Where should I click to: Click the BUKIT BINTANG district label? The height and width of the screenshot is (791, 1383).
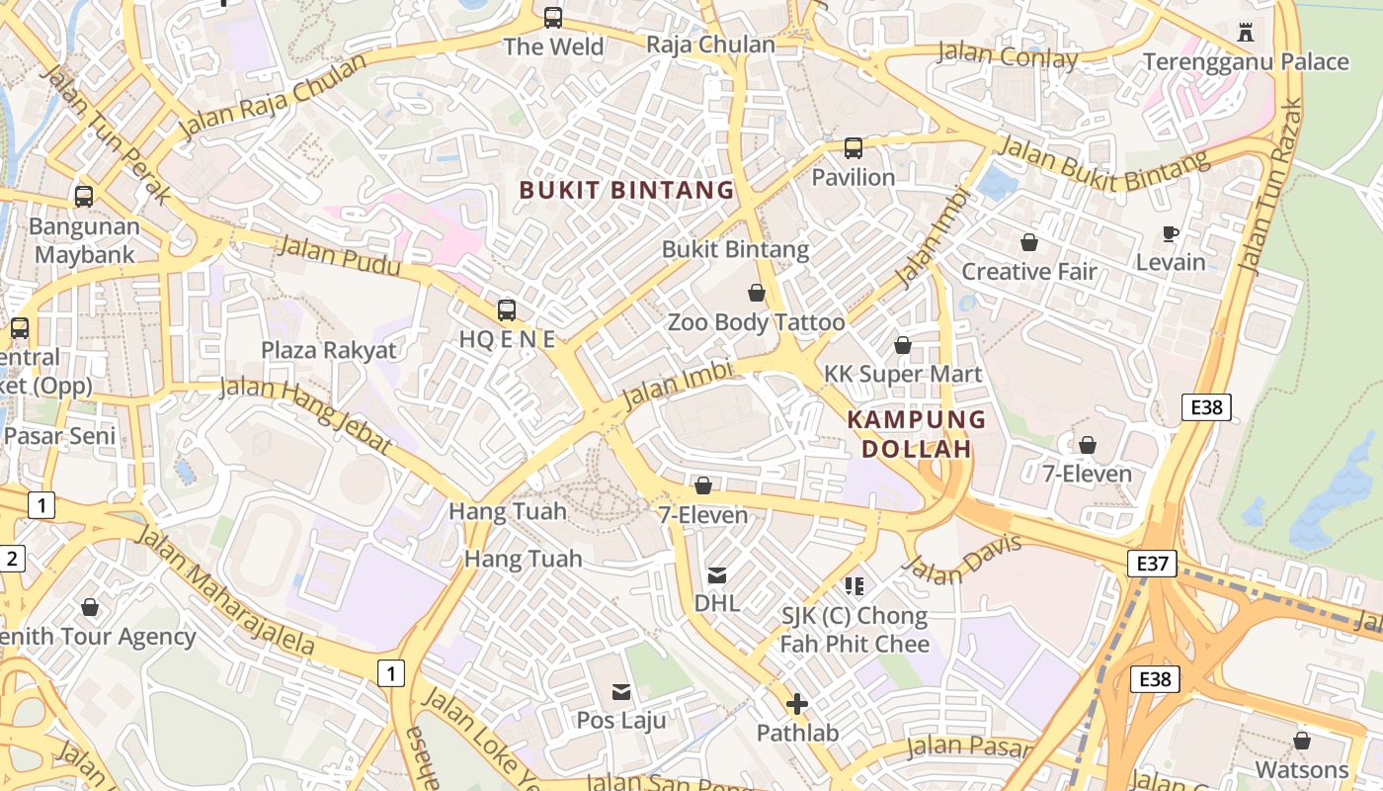click(x=626, y=190)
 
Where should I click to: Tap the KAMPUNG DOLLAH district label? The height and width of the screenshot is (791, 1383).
click(x=917, y=434)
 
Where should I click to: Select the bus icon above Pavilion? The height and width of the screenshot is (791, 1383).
click(x=854, y=148)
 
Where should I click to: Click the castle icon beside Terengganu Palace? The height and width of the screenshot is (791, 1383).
click(x=1246, y=33)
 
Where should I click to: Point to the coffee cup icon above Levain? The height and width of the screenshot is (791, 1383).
click(x=1171, y=233)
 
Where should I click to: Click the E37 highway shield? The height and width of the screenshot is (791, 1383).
click(x=1152, y=564)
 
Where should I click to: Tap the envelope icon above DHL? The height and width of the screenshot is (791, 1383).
click(x=717, y=574)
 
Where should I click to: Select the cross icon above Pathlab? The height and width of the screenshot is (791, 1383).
click(x=797, y=704)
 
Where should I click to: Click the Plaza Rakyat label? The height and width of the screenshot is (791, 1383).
click(x=328, y=350)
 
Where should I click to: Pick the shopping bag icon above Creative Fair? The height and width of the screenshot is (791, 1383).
click(x=1029, y=242)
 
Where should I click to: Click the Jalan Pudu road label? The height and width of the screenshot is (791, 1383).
click(x=339, y=256)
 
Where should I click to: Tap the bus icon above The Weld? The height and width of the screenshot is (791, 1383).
click(x=553, y=18)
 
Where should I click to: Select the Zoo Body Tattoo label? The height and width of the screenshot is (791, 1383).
click(x=756, y=322)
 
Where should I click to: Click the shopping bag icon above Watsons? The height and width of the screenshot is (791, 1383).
click(x=1302, y=741)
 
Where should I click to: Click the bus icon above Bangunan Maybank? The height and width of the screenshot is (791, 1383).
click(x=84, y=196)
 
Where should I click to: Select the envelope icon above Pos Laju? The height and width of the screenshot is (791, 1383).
click(x=621, y=691)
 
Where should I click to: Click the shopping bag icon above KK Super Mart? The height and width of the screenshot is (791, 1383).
click(x=903, y=345)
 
